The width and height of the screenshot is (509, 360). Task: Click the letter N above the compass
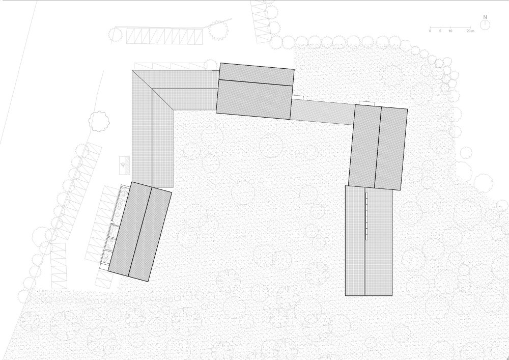[x=485, y=17]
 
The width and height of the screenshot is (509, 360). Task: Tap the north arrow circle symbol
[x=485, y=25]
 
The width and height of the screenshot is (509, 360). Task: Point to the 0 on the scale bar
[x=430, y=31]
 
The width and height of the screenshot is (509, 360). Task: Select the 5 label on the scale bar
[x=440, y=31]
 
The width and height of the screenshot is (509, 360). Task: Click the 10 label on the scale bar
[x=450, y=31]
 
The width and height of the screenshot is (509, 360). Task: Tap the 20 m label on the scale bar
[x=470, y=31]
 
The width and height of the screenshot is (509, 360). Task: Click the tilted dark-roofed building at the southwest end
[x=140, y=232]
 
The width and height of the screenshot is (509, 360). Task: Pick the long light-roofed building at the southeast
[x=369, y=240]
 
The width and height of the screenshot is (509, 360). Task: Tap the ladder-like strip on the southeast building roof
[x=366, y=216]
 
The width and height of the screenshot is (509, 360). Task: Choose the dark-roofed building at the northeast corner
[x=378, y=147]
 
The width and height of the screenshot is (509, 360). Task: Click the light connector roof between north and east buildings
[x=323, y=112]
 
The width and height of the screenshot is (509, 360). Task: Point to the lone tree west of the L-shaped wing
[x=99, y=121]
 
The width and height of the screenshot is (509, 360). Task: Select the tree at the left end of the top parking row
[x=115, y=34]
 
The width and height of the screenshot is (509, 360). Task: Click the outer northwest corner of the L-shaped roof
[x=132, y=70]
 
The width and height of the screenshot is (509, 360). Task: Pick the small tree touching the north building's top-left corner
[x=211, y=64]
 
